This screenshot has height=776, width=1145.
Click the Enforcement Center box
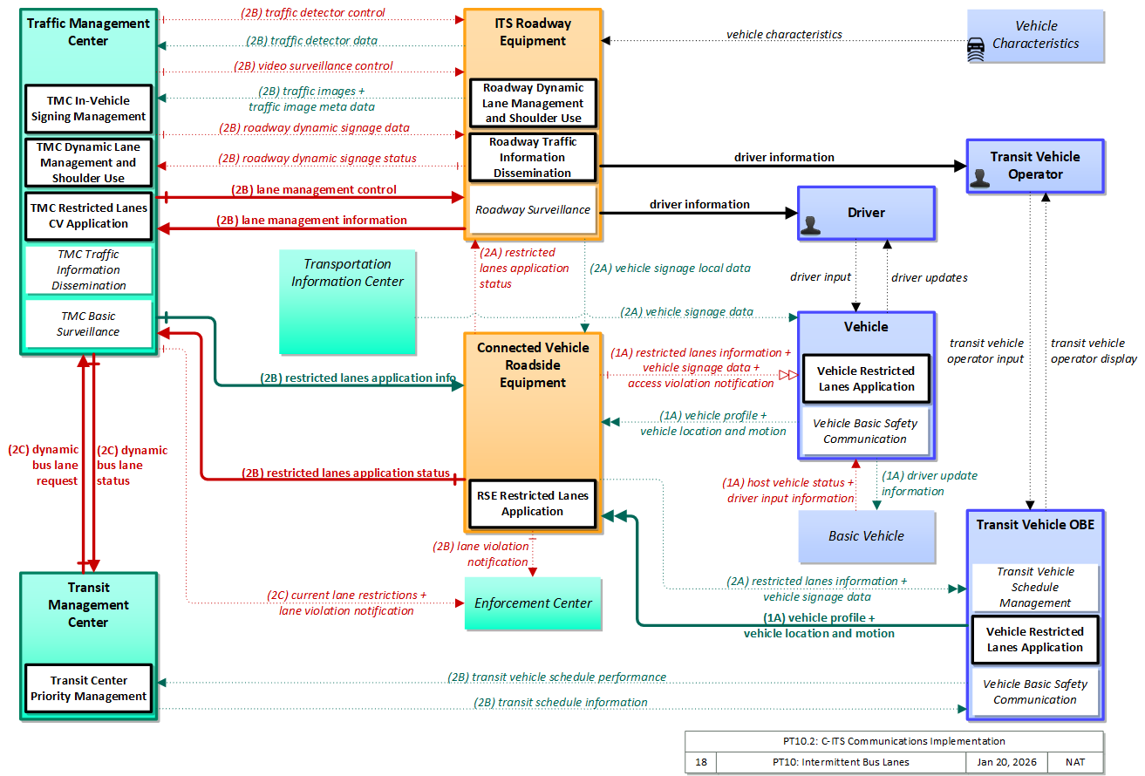(533, 603)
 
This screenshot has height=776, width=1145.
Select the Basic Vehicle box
(867, 536)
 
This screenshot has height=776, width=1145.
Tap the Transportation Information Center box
(347, 302)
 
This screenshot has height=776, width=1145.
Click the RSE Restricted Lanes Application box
(533, 504)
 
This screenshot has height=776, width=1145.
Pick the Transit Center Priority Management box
(88, 689)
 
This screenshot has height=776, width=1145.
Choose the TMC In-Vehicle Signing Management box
(88, 108)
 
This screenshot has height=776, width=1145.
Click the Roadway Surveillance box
(533, 209)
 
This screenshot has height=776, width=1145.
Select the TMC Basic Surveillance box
(88, 324)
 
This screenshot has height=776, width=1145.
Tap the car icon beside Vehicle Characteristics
(976, 50)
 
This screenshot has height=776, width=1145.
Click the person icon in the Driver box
(810, 226)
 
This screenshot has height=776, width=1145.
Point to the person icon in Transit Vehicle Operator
(980, 179)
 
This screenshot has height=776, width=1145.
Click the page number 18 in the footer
(701, 762)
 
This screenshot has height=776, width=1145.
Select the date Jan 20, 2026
(1006, 762)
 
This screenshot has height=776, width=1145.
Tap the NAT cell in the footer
(1075, 762)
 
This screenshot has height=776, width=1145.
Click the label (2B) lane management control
(314, 190)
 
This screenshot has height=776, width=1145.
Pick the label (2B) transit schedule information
(560, 703)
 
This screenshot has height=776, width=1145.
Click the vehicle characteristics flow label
(784, 34)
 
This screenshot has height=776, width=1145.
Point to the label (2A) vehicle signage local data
(670, 269)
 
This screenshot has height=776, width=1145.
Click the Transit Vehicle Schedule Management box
(1035, 588)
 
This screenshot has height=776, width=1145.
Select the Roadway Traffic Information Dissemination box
(533, 158)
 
